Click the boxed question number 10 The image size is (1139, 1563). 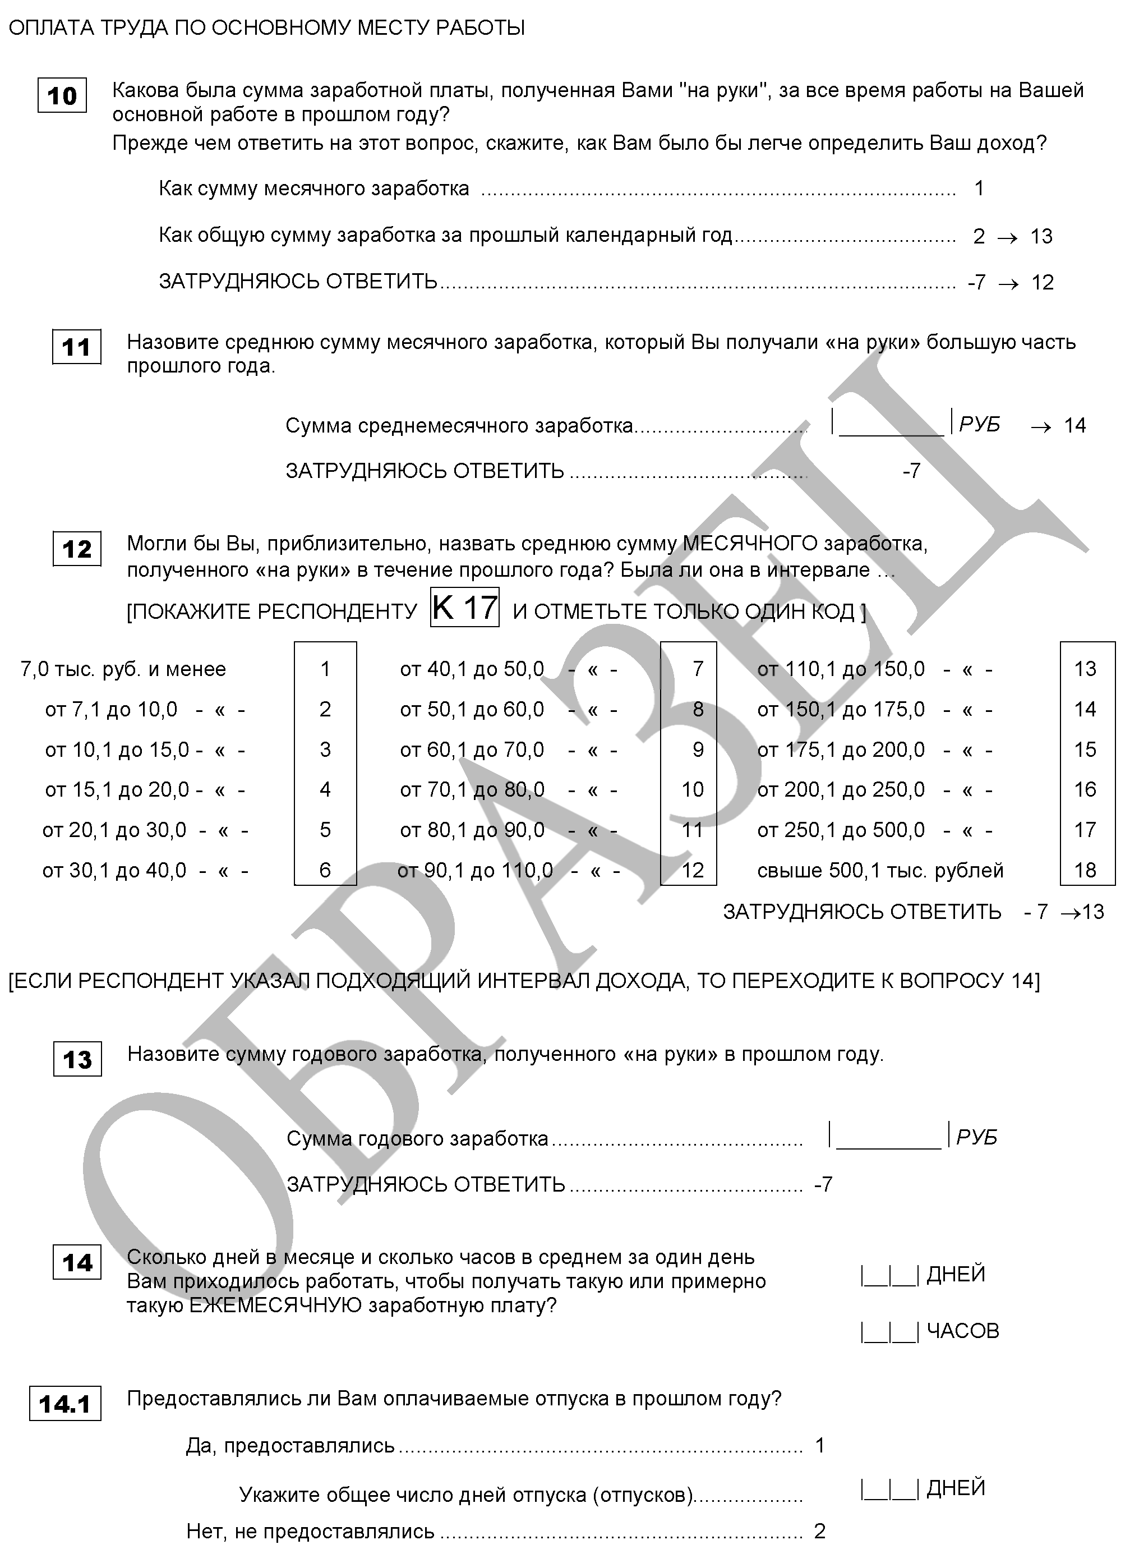(62, 95)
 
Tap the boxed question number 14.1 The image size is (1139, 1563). (65, 1404)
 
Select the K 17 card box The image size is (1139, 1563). (464, 608)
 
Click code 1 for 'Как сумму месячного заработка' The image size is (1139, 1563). (979, 189)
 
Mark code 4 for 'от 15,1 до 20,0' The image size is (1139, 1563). (325, 789)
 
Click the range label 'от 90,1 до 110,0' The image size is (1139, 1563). (474, 871)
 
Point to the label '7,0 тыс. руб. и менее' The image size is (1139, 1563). (123, 669)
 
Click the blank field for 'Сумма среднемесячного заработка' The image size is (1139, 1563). (892, 423)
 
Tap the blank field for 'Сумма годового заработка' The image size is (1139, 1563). (888, 1136)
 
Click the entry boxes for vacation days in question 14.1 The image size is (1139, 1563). (889, 1488)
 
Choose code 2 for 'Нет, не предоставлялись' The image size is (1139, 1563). (820, 1531)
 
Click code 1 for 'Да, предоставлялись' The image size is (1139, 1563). (820, 1445)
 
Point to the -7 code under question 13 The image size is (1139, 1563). (823, 1184)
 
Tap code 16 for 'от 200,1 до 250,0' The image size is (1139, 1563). (1085, 789)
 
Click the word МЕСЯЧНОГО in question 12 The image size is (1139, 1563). (749, 544)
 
